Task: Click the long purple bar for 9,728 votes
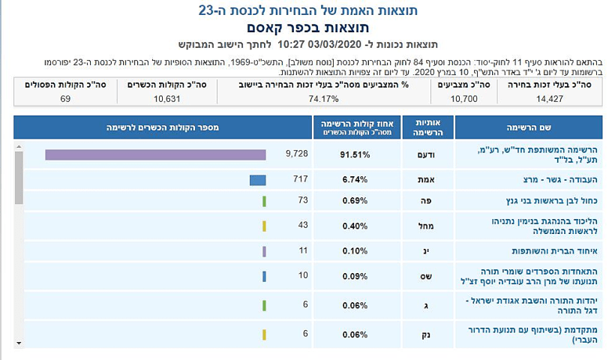(x=155, y=154)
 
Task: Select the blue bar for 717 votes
(x=257, y=180)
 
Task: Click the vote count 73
(x=283, y=201)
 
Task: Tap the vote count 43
(x=283, y=226)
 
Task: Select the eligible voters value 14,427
(x=562, y=99)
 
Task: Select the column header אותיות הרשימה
(x=424, y=127)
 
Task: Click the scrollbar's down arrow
(x=19, y=342)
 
